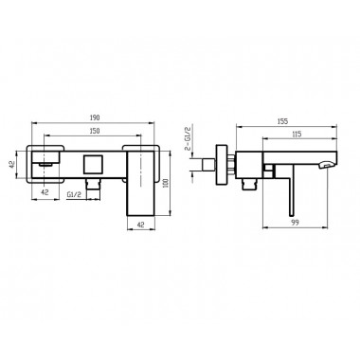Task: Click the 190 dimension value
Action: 95,117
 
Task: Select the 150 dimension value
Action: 95,131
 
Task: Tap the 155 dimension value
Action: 283,121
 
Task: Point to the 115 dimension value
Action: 296,134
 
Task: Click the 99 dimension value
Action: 295,223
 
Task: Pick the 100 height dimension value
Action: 167,184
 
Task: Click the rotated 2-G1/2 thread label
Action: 187,138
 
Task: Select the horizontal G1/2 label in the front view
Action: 74,194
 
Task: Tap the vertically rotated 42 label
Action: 12,164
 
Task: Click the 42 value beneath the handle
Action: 141,225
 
